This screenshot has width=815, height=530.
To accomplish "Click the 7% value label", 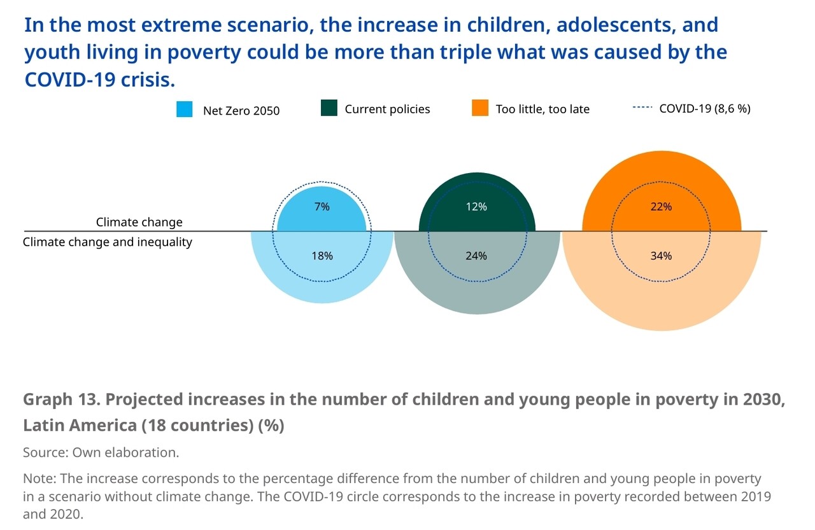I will (x=322, y=207).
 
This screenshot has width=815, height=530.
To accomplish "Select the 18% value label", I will (x=322, y=256).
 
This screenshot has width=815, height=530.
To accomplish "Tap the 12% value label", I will (x=476, y=207).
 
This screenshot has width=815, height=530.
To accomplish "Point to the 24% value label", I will (x=476, y=256).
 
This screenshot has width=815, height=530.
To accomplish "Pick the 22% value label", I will (x=661, y=207).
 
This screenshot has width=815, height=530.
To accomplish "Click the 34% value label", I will (x=661, y=256).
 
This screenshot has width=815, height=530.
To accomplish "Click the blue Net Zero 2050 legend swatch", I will (x=184, y=109).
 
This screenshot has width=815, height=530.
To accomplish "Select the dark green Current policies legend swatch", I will (x=329, y=108).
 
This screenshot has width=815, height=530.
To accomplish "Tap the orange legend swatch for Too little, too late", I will (x=480, y=108).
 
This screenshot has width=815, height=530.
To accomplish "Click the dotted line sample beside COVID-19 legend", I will (x=642, y=108).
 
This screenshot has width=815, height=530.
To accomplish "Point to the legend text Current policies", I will (x=387, y=109).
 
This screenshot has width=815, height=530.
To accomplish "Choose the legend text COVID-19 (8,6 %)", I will (x=704, y=109).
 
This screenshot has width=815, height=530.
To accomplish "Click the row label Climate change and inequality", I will (x=108, y=242).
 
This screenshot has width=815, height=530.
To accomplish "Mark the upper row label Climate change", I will (x=139, y=223).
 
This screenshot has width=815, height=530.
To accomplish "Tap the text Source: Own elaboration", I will (x=101, y=452).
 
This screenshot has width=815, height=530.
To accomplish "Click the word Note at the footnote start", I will (x=38, y=478).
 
